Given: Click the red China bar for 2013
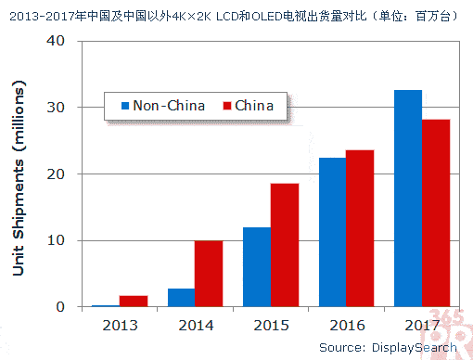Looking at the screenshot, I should (x=133, y=301).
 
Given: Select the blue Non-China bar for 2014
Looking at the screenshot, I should (x=181, y=297).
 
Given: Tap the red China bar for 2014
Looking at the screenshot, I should (x=209, y=274).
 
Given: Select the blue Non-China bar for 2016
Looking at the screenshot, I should (x=332, y=232).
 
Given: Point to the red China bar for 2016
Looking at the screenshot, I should (x=360, y=228).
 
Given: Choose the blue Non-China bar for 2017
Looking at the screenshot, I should (x=408, y=199).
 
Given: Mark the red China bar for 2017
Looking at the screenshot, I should (x=436, y=213).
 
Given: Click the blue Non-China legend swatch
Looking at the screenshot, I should (x=122, y=106).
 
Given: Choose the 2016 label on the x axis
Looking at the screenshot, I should (x=346, y=325).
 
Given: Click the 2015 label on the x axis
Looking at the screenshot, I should (x=270, y=325).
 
